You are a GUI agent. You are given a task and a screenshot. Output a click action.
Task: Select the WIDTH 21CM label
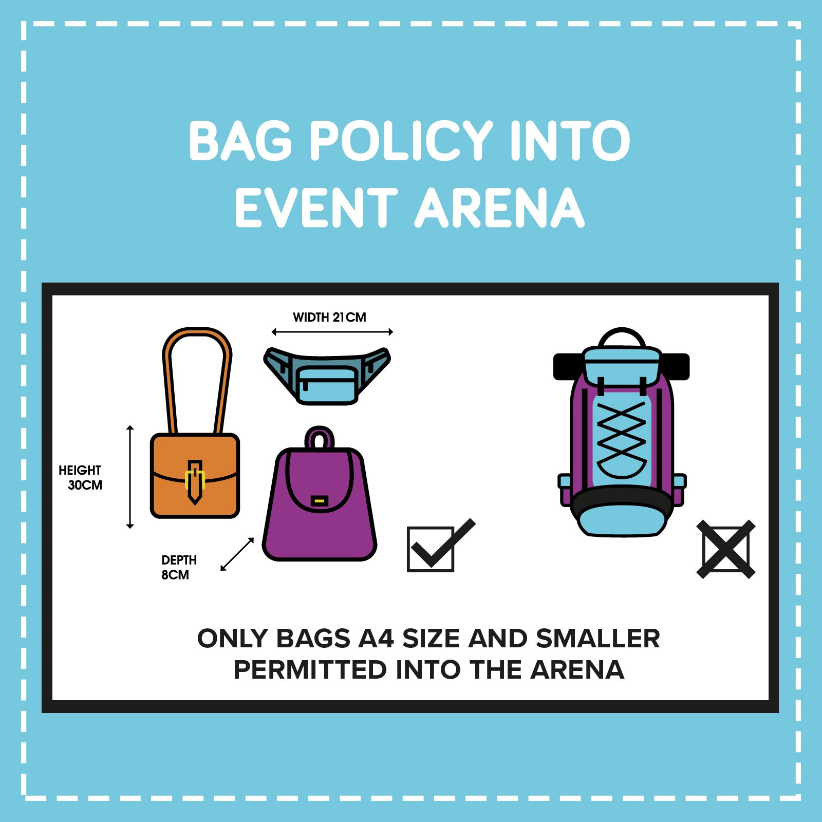329,317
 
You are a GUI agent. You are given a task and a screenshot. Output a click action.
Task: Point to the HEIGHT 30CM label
81,478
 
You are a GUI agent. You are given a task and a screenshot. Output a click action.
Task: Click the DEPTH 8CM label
178,567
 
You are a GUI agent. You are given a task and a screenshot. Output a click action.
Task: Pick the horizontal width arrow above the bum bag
332,332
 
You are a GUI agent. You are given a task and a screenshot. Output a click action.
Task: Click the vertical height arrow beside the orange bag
130,477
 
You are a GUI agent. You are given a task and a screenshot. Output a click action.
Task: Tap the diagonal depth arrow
237,554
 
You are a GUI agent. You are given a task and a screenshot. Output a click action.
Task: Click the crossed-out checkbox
725,549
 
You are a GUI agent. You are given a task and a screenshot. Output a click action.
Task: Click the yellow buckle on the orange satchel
195,479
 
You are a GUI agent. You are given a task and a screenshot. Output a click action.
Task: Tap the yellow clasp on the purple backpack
319,500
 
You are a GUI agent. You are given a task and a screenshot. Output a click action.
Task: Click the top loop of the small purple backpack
320,438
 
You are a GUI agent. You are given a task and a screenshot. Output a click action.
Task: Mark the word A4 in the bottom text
376,639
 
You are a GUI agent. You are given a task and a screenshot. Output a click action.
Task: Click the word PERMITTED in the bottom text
310,670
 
